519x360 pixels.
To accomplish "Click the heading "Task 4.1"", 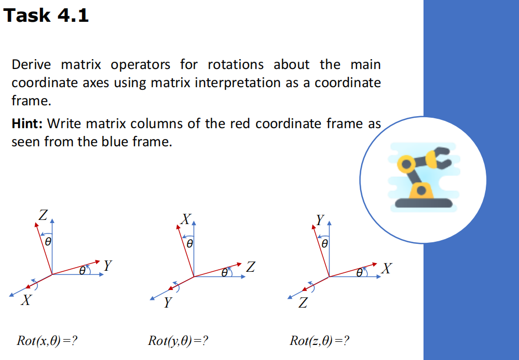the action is coord(46,15).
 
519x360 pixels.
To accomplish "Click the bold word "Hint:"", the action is coord(29,124).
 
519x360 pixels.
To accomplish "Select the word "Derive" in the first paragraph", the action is coord(31,65).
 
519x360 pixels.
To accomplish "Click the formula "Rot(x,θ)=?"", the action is coord(47,341).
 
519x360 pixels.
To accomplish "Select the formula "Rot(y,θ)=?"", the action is coord(179,341).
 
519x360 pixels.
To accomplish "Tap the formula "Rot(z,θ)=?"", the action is coord(320,341).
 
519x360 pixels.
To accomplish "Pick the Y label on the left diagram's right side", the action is coord(107,266).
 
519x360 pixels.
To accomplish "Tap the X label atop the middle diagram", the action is coord(186,218).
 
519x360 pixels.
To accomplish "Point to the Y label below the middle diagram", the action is coord(167,303).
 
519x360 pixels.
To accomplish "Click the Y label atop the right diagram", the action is coord(321,219).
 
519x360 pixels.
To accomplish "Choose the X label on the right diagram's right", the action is coord(387,269).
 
